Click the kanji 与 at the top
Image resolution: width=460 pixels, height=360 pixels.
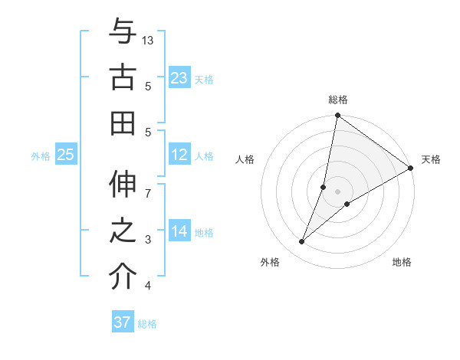[123, 33]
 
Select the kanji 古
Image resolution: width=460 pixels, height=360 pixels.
[123, 77]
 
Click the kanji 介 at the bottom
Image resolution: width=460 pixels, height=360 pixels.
[123, 275]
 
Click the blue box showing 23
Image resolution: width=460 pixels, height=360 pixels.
[179, 78]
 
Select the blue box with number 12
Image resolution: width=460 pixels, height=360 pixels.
[179, 155]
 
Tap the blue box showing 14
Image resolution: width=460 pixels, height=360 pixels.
[179, 232]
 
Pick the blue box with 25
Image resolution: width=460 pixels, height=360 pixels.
[66, 155]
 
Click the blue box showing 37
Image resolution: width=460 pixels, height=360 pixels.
[122, 322]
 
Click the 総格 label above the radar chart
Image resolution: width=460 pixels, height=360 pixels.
[338, 100]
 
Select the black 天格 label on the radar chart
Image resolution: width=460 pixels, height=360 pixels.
[431, 159]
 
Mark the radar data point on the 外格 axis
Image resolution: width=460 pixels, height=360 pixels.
[302, 242]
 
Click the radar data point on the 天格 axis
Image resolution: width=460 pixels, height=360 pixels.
[410, 169]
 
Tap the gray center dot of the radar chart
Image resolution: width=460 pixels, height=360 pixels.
[338, 191]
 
